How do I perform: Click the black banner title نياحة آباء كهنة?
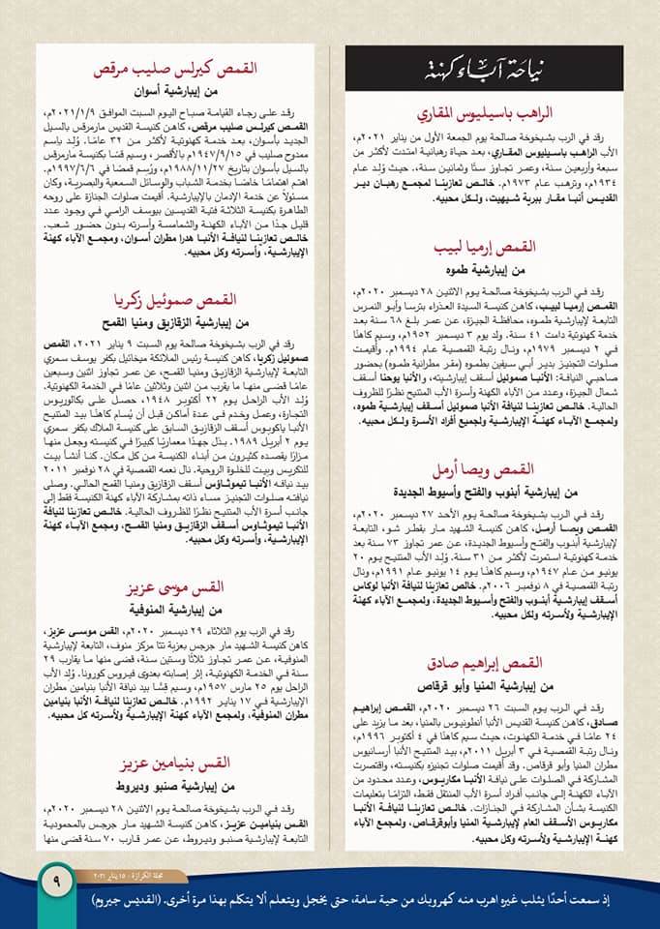pyautogui.click(x=485, y=70)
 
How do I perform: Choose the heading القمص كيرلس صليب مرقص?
pyautogui.click(x=170, y=71)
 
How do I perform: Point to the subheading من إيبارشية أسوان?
pyautogui.click(x=170, y=93)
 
